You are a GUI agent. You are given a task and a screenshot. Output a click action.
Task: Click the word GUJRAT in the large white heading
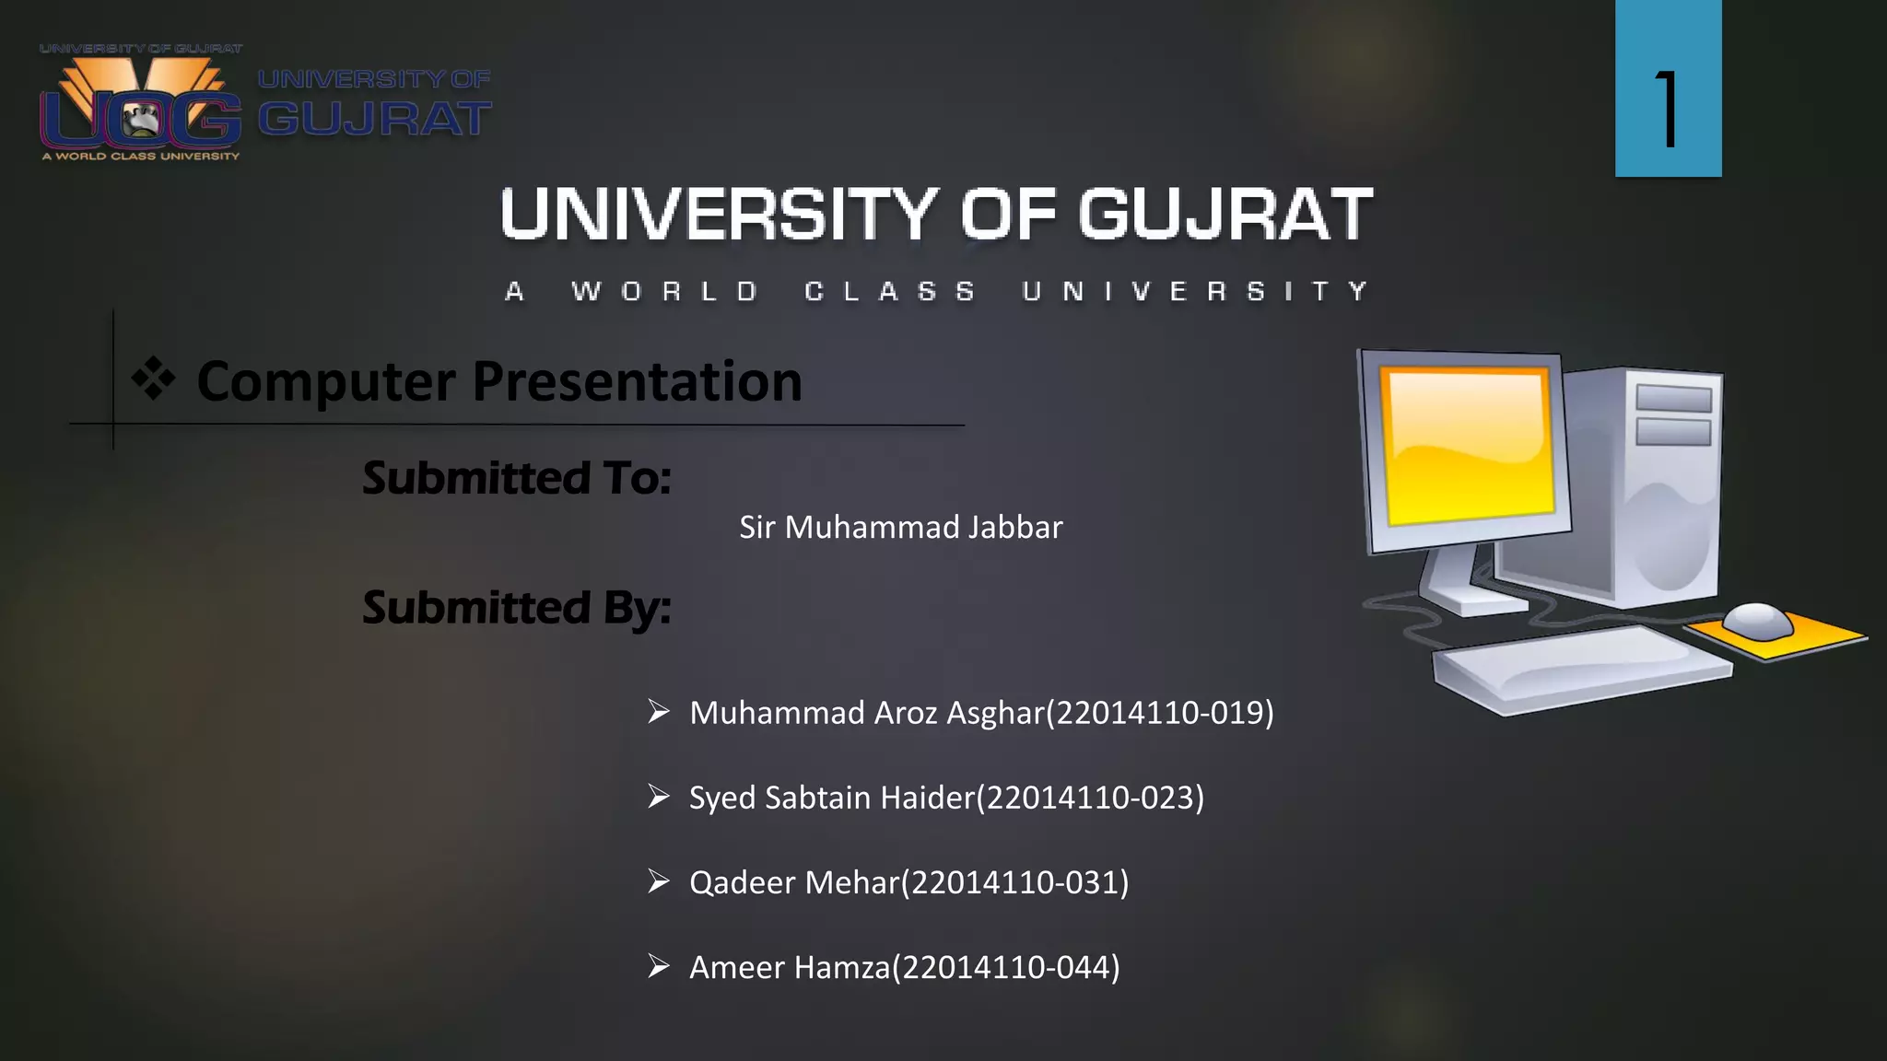coord(1225,215)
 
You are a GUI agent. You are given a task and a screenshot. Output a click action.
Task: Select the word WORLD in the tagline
coord(664,292)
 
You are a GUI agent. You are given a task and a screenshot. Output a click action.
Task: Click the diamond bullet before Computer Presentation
coord(153,379)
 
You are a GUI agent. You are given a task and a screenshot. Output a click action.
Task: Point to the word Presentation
coord(637,381)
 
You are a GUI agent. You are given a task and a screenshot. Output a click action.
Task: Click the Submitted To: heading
coord(516,478)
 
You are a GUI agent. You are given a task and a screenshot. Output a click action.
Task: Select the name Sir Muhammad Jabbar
coord(900,528)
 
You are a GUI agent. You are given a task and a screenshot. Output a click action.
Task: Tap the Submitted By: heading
coord(516,608)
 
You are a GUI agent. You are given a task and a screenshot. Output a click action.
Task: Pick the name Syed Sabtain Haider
coord(830,798)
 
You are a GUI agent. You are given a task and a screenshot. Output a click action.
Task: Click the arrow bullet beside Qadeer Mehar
coord(658,881)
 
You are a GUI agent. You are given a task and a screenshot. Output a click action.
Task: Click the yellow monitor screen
coord(1468,445)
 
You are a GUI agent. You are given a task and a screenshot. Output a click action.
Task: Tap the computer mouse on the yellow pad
coord(1758,619)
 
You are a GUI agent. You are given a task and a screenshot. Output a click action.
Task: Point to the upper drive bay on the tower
coord(1673,398)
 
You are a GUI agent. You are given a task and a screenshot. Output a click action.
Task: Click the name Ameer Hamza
coord(790,968)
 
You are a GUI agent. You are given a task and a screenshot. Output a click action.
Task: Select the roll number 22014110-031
coord(1014,882)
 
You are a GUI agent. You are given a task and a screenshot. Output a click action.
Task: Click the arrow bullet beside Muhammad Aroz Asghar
coord(658,712)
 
